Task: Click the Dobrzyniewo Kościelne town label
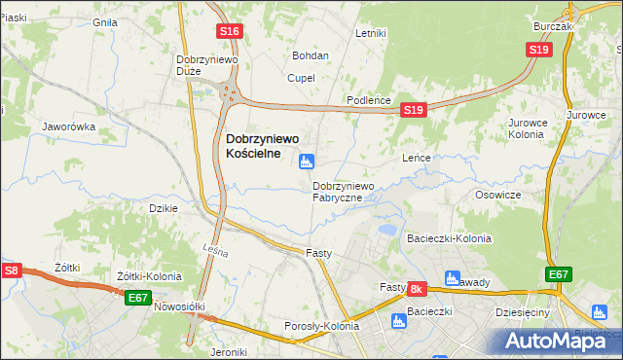262,146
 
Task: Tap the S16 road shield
230,32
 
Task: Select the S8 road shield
11,271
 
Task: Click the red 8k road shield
417,289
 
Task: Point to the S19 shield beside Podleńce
413,111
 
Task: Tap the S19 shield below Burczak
538,50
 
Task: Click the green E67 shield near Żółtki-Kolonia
137,298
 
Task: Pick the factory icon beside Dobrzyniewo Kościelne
307,162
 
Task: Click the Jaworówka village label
67,126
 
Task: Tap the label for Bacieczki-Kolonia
449,238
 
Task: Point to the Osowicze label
498,195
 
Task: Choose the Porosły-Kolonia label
321,326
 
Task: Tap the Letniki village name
371,33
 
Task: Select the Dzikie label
163,208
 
